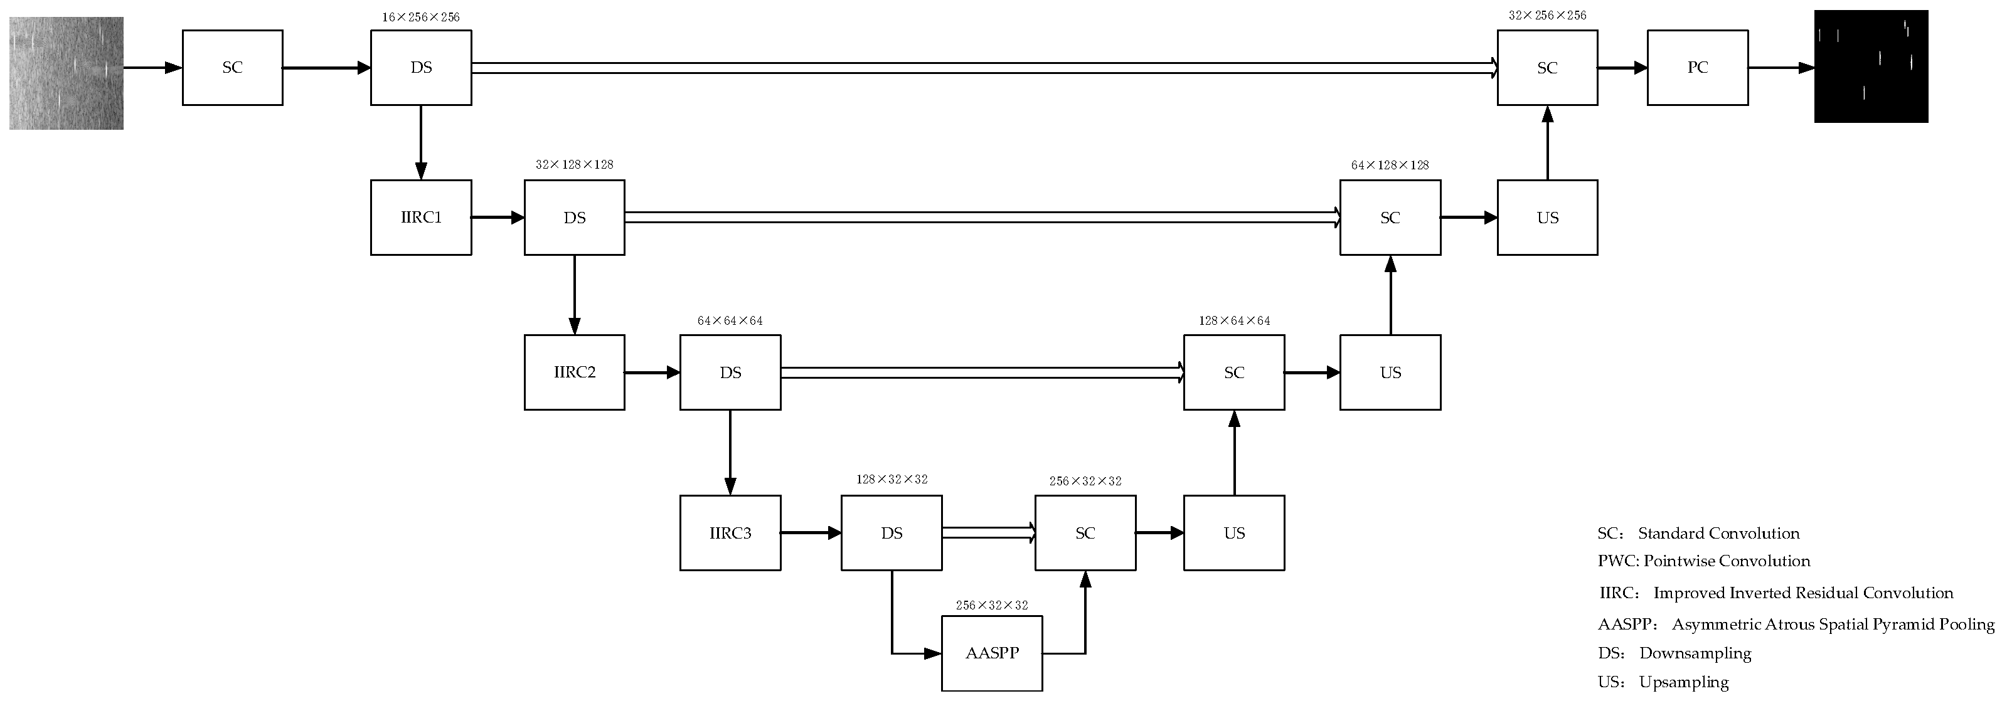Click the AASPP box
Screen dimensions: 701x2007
coord(991,653)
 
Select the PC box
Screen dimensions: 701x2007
coord(1697,68)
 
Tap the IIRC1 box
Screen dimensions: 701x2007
coord(421,218)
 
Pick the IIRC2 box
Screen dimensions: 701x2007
coord(574,372)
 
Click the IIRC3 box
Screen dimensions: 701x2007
coord(730,533)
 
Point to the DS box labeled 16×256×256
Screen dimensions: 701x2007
coord(421,68)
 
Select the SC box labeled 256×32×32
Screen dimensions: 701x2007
coord(1085,533)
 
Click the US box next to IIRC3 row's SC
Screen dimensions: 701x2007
coord(1233,533)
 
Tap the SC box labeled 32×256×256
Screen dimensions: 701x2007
coord(1547,68)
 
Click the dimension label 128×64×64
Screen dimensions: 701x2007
coord(1233,321)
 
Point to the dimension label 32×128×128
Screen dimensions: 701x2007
coord(574,165)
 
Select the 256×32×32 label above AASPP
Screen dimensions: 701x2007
coord(991,605)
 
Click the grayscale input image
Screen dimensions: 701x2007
coord(67,73)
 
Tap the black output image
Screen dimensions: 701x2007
coord(1871,66)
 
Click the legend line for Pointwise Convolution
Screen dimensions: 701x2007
coord(1703,561)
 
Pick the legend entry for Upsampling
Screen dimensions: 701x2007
coord(1663,682)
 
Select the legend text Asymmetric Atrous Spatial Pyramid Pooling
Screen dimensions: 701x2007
coord(1795,625)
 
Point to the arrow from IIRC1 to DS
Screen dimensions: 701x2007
coord(497,218)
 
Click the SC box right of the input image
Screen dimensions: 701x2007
coord(232,68)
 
